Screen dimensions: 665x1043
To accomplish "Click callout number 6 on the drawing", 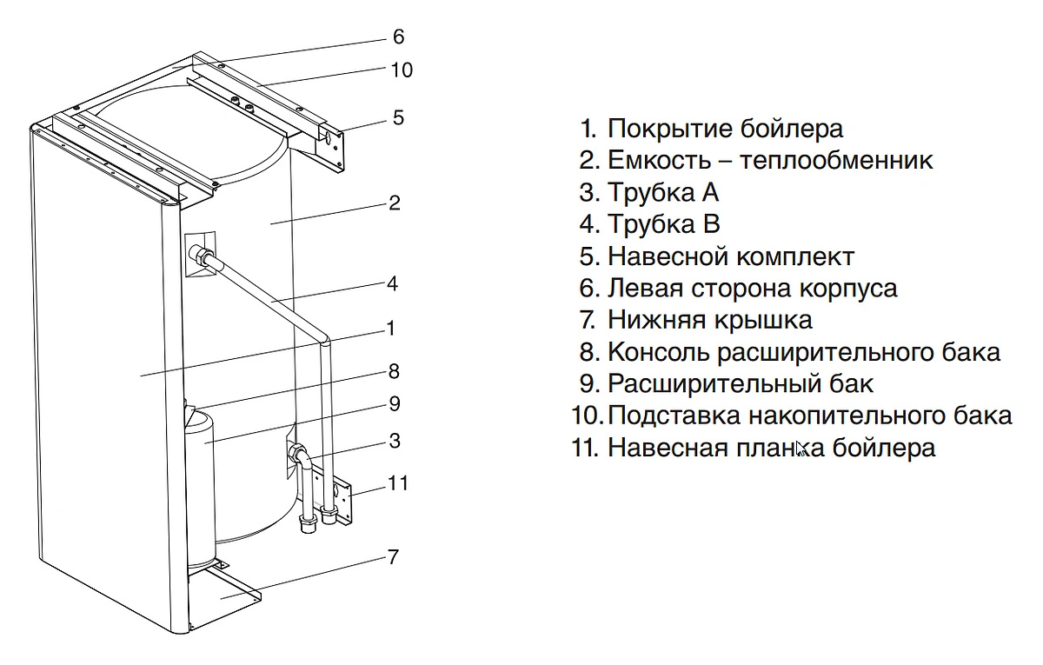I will click(398, 37).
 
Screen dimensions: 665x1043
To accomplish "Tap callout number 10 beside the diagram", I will click(402, 70).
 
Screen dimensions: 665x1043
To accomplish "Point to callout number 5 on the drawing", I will click(398, 117).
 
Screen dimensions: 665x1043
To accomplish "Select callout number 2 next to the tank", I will click(394, 203).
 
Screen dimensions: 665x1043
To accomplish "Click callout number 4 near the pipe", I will click(392, 283).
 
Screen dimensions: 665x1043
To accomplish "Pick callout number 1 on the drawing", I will click(391, 328).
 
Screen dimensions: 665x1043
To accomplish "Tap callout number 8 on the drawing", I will click(393, 371).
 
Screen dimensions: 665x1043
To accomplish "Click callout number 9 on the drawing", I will click(394, 403).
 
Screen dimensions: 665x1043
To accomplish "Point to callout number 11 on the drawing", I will click(397, 482).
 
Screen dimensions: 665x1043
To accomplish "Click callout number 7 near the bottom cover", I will click(393, 557).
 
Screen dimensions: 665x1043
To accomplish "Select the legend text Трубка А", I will click(662, 192).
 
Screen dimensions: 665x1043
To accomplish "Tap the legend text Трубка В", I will click(663, 224).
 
